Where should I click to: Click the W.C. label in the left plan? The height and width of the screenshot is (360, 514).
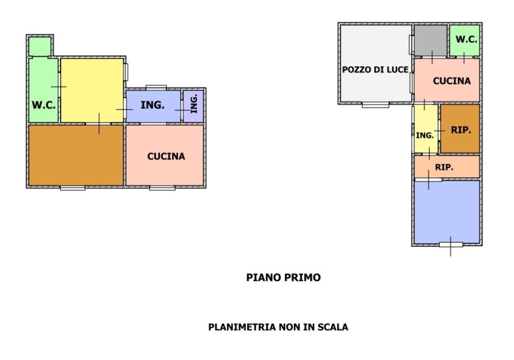click(44, 105)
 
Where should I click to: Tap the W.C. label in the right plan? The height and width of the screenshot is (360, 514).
click(467, 40)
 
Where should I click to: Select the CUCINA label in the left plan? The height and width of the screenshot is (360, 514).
click(166, 156)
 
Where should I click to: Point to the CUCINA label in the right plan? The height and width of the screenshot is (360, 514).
click(451, 81)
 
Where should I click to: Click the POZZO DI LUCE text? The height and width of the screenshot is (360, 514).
click(376, 69)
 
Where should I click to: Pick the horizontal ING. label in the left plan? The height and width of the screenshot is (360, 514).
click(153, 105)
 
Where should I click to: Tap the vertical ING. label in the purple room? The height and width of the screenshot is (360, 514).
click(194, 105)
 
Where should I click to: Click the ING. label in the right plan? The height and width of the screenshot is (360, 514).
click(425, 135)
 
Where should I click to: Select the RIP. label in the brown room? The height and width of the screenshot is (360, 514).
click(461, 130)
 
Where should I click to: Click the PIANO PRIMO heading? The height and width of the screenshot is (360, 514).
click(283, 278)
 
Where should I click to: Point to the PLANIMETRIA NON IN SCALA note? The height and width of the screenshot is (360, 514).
click(278, 327)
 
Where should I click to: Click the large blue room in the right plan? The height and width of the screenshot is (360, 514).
click(447, 211)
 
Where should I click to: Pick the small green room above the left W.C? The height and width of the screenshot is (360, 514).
click(39, 46)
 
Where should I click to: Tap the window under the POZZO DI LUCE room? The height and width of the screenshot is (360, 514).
click(375, 105)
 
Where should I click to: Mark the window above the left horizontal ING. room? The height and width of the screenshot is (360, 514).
click(156, 86)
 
